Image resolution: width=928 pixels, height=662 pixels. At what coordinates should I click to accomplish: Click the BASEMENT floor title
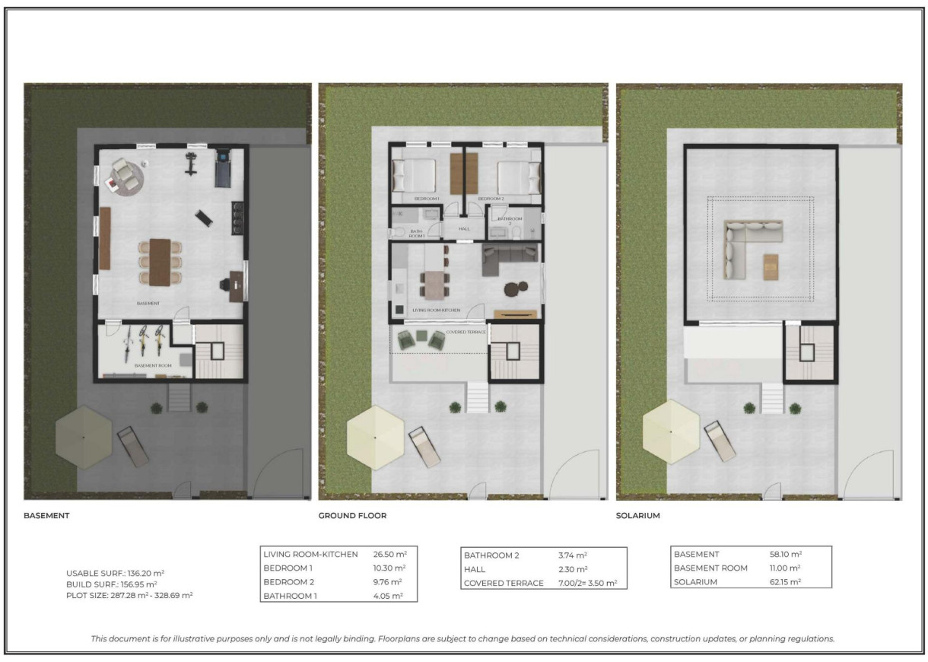tap(47, 516)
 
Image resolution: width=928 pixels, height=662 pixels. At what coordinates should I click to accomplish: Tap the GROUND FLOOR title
tap(352, 516)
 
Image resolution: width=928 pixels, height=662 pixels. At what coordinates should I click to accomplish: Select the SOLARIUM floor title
tap(638, 516)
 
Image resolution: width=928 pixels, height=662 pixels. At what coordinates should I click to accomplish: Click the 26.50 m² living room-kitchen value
tap(389, 555)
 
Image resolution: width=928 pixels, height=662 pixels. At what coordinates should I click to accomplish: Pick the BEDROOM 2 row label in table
tap(288, 582)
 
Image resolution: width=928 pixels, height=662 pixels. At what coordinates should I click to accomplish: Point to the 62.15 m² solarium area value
tap(786, 582)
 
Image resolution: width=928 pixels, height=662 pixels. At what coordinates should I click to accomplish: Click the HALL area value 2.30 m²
tap(572, 569)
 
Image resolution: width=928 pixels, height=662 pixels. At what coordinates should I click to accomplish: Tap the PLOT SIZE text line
tap(129, 595)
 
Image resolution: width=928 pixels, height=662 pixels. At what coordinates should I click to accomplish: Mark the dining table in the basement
tap(160, 262)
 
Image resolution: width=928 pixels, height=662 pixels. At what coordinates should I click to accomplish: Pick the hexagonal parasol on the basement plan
tap(84, 437)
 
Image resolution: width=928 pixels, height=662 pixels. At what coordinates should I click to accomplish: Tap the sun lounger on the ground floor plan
tap(425, 447)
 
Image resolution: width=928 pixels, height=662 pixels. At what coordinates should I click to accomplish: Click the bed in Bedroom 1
tap(415, 176)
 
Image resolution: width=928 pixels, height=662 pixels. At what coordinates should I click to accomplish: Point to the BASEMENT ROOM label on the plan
tap(153, 366)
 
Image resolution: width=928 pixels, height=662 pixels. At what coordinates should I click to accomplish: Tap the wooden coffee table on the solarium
tap(772, 266)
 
